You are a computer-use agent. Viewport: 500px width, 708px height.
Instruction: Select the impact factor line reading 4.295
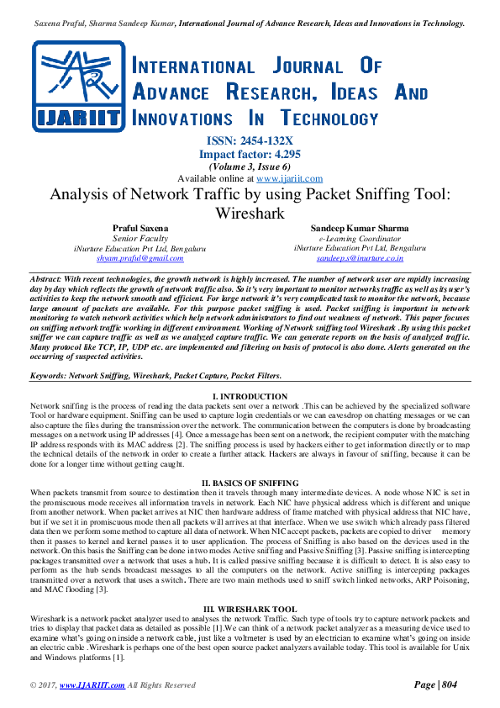[250, 154]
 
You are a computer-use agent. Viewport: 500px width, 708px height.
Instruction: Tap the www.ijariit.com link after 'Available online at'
[290, 178]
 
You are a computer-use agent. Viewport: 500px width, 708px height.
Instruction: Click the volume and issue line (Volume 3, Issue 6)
[250, 166]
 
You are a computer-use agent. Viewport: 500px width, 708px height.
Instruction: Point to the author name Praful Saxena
[139, 228]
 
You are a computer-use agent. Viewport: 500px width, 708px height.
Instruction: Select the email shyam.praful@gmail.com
[139, 258]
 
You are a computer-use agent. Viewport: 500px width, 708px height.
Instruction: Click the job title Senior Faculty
[139, 238]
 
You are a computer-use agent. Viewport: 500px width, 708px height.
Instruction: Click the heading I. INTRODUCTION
[250, 396]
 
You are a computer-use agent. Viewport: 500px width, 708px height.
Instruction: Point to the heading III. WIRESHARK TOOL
[250, 608]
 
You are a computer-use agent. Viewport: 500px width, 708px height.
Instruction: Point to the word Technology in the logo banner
[329, 119]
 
